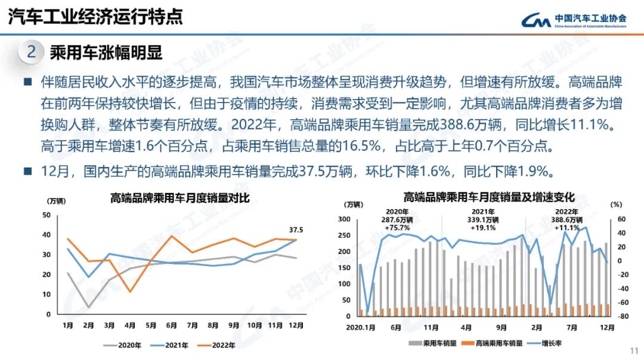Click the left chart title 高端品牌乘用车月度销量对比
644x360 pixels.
click(x=179, y=198)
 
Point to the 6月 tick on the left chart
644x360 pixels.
click(x=172, y=325)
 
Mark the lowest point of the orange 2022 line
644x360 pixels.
click(x=130, y=291)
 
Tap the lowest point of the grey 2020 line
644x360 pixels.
click(x=88, y=308)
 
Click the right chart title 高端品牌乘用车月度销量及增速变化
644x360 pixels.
click(x=489, y=197)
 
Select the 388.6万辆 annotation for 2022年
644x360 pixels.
click(x=567, y=219)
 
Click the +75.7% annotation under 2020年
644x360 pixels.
click(x=397, y=228)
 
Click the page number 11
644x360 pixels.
click(x=633, y=350)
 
